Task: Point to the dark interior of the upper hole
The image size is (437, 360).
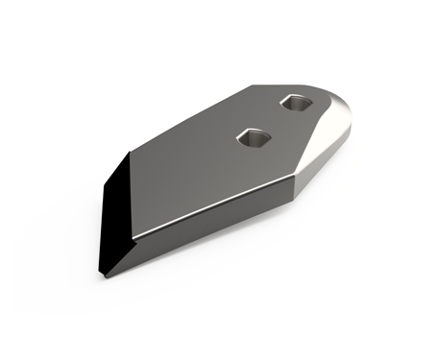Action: pyautogui.click(x=295, y=102)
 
